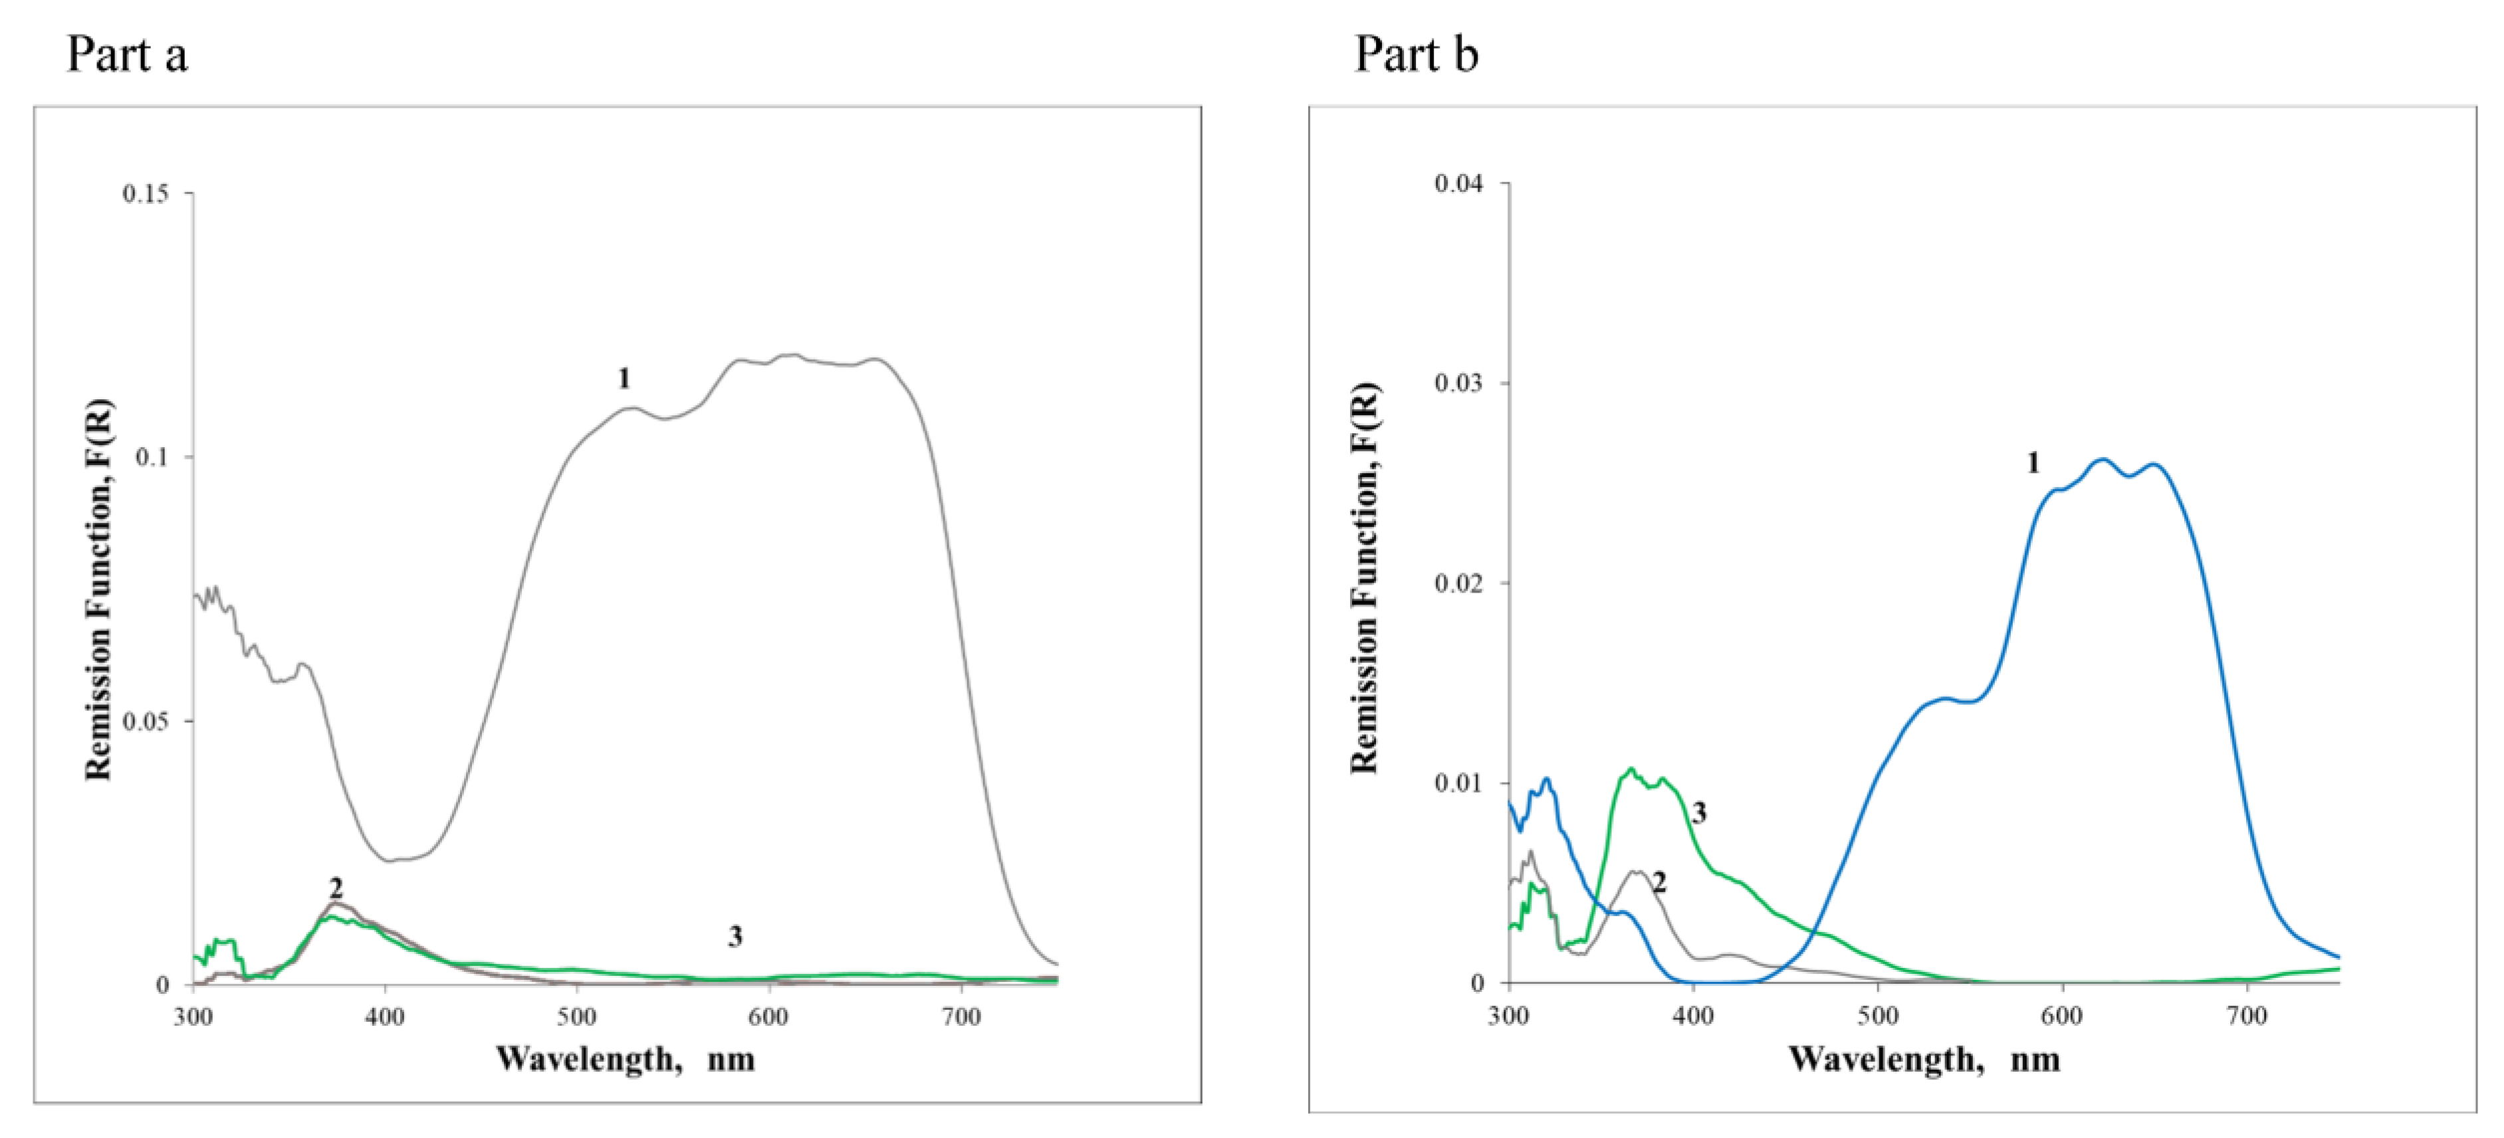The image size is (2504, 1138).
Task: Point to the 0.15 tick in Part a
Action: pos(145,193)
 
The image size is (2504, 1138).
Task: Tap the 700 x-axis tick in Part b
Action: pos(2246,1016)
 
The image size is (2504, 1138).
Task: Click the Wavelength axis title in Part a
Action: pos(625,1058)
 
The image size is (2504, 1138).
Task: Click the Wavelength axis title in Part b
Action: pos(1924,1058)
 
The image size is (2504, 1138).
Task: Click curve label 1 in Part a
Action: pos(624,378)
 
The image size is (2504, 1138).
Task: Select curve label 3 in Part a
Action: pos(735,936)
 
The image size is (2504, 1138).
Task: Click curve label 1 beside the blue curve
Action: pos(2033,464)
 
